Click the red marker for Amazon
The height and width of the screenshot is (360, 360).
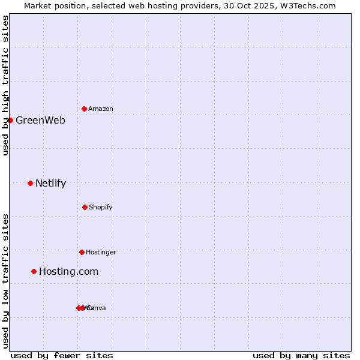pos(84,109)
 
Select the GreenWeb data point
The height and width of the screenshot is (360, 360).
pos(10,120)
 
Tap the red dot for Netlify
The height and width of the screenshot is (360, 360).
pos(30,183)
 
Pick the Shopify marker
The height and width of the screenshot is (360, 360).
pos(85,207)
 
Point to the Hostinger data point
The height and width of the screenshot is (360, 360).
pos(82,252)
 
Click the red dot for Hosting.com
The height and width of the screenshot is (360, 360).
pos(34,271)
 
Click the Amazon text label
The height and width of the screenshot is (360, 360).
pos(101,109)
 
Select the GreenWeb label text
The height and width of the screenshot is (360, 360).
pos(40,120)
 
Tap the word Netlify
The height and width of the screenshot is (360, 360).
pos(50,183)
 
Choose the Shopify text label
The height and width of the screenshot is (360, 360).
pos(101,207)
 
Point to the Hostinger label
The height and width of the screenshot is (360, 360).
pos(101,252)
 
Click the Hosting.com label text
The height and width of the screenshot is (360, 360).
pos(68,271)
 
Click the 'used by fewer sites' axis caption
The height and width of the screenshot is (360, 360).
pos(62,355)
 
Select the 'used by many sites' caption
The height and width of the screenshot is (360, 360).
pos(301,355)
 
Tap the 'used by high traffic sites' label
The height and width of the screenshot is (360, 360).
pos(5,85)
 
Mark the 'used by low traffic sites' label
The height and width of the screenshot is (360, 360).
pos(5,280)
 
